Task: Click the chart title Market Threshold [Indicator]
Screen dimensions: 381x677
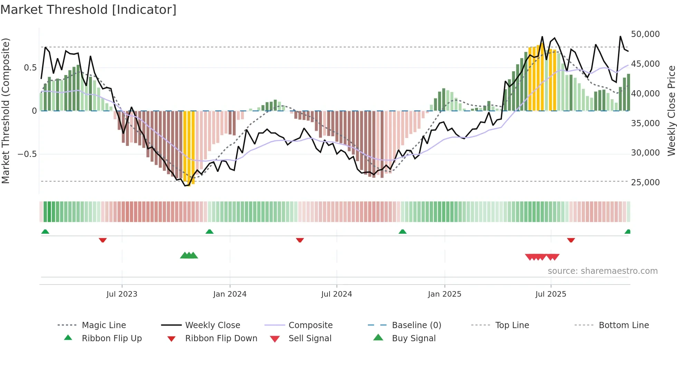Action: [88, 10]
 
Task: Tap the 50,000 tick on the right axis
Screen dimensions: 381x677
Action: [645, 34]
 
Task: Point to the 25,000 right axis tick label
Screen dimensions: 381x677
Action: [645, 182]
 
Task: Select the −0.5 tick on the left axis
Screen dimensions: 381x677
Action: [27, 154]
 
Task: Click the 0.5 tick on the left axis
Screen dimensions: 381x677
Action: [30, 67]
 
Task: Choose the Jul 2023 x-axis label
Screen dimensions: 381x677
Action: [122, 294]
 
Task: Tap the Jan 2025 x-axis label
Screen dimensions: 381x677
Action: [444, 294]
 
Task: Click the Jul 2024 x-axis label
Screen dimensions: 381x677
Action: [336, 294]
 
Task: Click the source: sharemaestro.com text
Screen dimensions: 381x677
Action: [602, 271]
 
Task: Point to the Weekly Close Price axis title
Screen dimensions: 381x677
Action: [671, 111]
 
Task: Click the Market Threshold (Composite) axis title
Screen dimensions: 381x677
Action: [6, 111]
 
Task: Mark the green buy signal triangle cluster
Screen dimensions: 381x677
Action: [189, 255]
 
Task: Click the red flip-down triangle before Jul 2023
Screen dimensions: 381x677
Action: [103, 240]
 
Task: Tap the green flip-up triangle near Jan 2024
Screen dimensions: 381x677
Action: [209, 231]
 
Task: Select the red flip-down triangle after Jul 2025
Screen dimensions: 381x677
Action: [571, 240]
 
